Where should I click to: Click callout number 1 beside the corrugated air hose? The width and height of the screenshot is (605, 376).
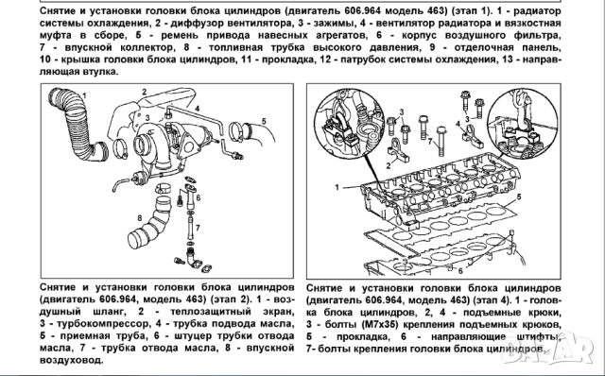click(86, 95)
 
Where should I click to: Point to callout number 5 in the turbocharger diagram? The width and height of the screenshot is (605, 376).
click(264, 121)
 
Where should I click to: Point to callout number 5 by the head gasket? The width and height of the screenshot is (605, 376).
click(517, 199)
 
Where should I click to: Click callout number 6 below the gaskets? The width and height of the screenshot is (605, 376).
click(459, 269)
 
